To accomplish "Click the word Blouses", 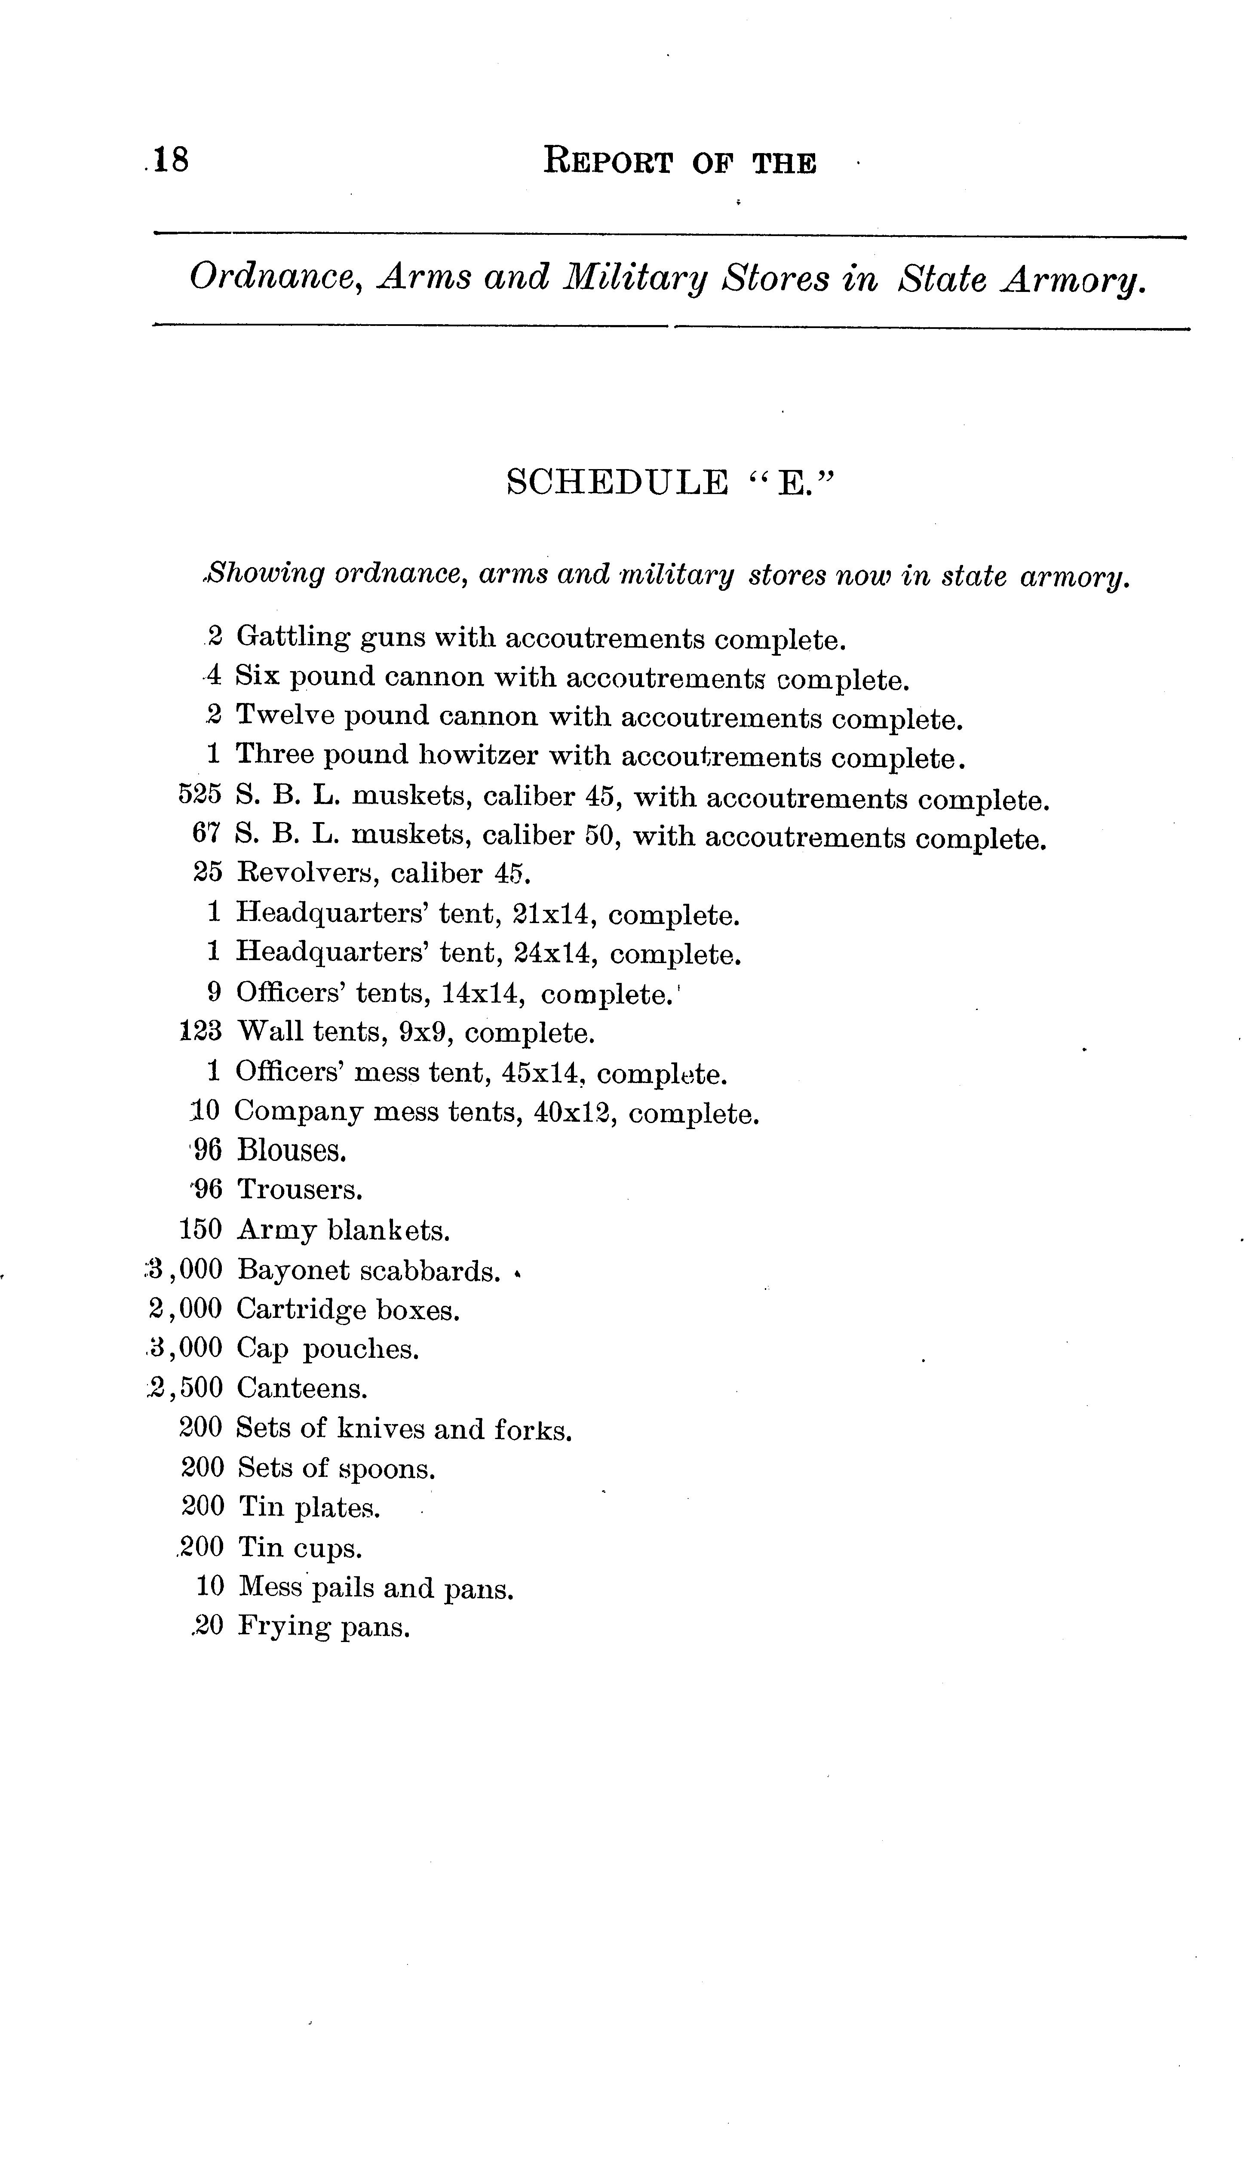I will [292, 1151].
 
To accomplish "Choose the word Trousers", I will [299, 1190].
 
